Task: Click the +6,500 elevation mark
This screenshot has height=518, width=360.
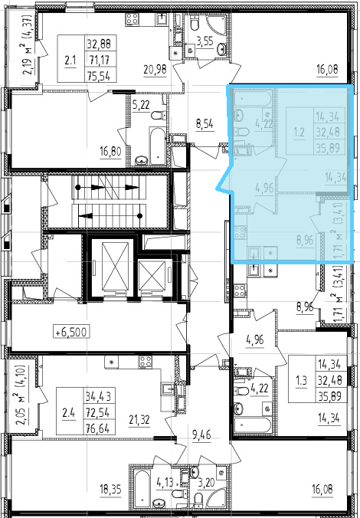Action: [x=71, y=331]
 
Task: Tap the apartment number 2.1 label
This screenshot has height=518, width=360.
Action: [x=70, y=61]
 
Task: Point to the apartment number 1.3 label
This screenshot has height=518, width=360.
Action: [x=300, y=380]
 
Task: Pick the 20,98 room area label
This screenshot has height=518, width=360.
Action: [x=155, y=70]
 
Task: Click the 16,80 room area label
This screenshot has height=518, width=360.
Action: [x=110, y=152]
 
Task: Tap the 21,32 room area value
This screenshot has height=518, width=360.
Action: [x=139, y=420]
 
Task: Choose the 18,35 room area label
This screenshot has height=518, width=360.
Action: [x=110, y=489]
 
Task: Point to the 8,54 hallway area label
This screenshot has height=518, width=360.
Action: [x=205, y=125]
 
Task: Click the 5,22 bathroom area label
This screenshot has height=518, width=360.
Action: [x=141, y=105]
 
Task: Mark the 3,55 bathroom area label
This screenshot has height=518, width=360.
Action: [x=205, y=43]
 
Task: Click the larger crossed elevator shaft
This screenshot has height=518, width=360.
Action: [x=115, y=266]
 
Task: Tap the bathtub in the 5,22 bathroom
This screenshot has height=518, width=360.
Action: [x=157, y=146]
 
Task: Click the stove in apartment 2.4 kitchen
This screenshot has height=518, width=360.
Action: [x=146, y=362]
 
